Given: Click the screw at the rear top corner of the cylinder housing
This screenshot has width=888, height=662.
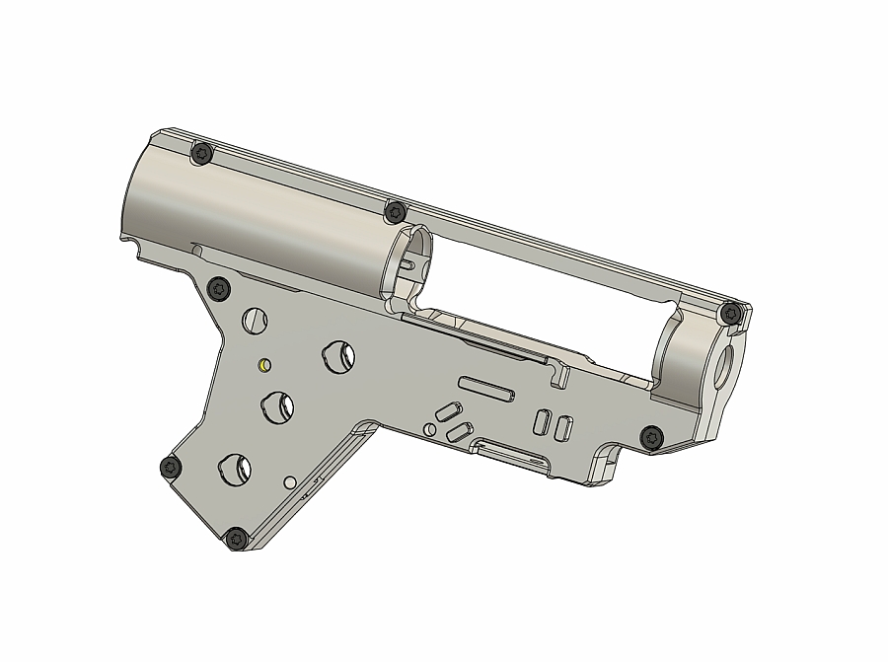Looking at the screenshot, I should [202, 153].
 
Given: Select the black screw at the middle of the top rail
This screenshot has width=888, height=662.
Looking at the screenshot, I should [395, 211].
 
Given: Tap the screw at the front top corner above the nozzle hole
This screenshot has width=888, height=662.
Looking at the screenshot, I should [730, 313].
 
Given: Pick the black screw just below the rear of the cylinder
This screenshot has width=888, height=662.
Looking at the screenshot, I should [219, 288].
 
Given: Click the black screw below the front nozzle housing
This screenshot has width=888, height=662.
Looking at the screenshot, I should [651, 436].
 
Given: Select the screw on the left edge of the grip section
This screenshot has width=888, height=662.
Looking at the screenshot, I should [171, 466].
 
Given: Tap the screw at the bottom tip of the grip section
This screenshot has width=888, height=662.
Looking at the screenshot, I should [236, 538].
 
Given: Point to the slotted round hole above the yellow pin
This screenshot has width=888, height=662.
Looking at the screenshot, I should [256, 320].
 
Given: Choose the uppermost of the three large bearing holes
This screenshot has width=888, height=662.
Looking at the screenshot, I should [340, 356].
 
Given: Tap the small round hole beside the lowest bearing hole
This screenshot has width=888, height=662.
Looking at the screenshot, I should [290, 482].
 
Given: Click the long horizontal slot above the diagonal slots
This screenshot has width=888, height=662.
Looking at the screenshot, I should [485, 387].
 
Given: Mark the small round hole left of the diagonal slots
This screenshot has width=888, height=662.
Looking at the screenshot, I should [429, 430].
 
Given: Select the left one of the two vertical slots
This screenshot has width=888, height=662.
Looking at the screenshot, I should [542, 421].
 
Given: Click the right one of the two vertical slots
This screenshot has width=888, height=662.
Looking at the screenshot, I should [563, 427].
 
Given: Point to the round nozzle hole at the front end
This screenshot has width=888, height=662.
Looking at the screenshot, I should [727, 365].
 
